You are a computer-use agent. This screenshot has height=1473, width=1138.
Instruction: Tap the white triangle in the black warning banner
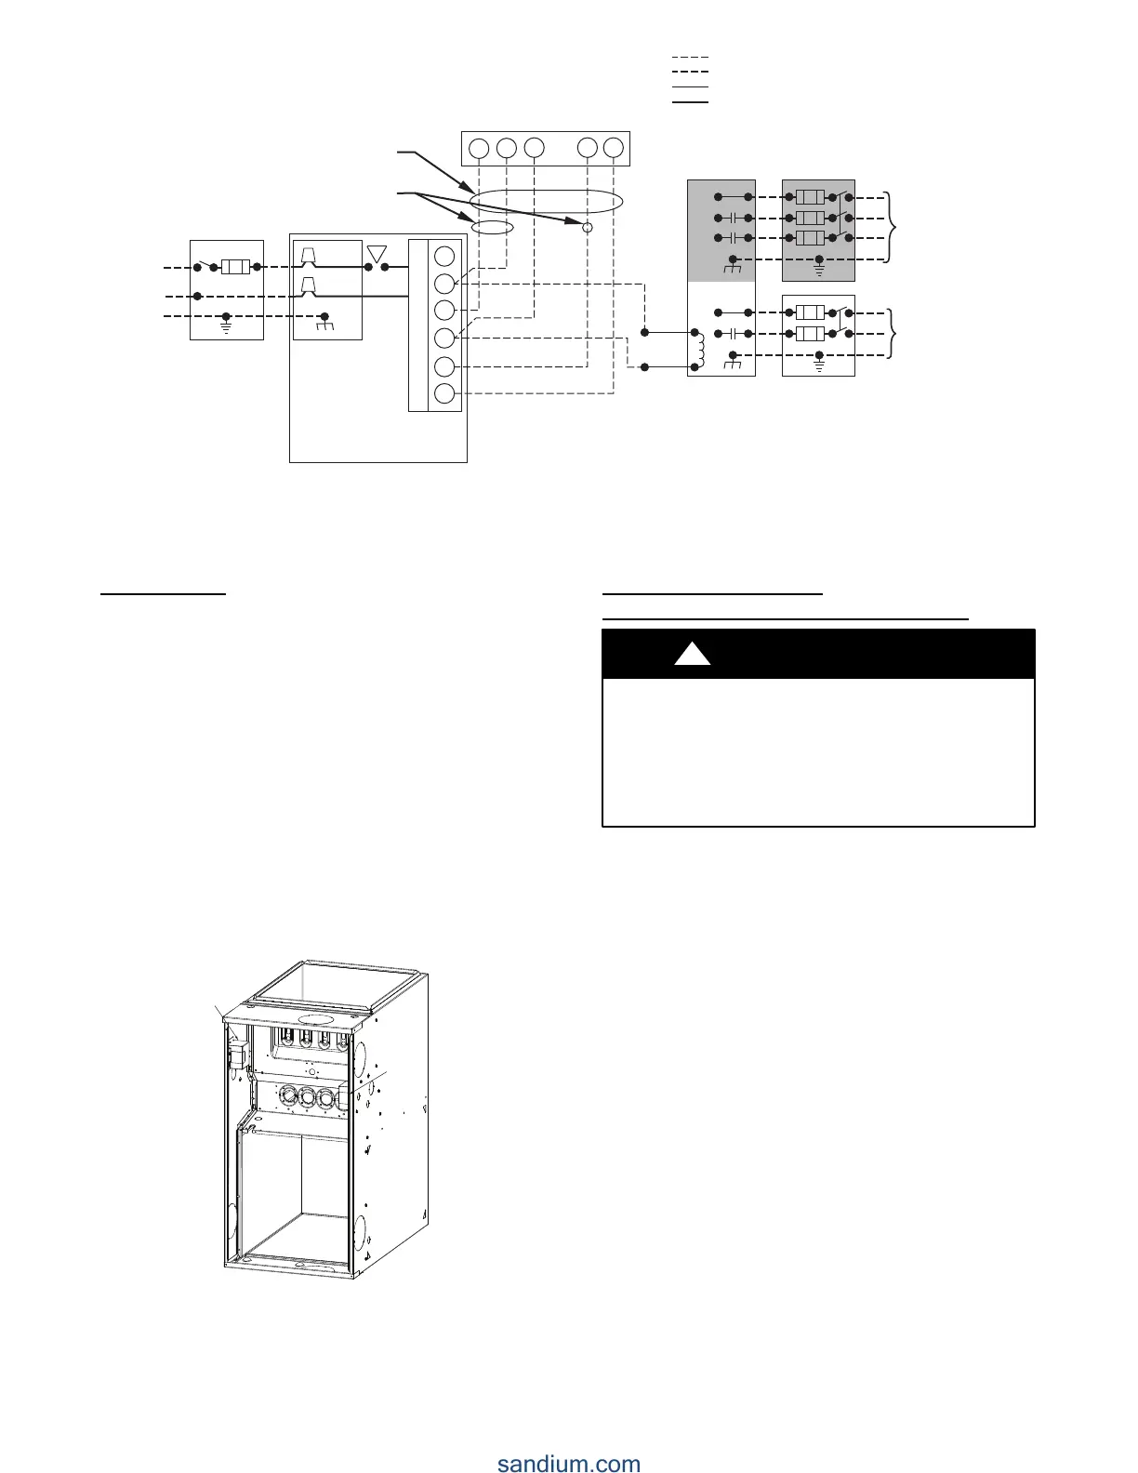point(692,654)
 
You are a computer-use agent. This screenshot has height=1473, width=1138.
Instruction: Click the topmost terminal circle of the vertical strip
point(445,256)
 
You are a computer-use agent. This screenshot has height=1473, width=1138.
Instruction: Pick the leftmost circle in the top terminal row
point(478,148)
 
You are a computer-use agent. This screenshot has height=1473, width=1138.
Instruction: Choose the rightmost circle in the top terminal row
point(614,148)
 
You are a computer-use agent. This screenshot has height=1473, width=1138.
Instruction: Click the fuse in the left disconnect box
point(234,268)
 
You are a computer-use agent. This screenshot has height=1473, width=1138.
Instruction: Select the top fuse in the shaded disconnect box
point(811,198)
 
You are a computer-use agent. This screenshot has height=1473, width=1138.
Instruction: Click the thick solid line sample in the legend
point(690,100)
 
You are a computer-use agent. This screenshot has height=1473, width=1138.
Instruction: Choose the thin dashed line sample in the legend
point(690,58)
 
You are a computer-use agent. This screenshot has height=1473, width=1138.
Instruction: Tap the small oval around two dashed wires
point(492,228)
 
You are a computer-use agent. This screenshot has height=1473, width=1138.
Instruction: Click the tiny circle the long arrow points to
point(587,227)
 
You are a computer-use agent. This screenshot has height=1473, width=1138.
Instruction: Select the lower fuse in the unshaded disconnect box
point(811,334)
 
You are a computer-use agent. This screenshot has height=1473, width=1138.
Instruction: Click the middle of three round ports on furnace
point(306,1098)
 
